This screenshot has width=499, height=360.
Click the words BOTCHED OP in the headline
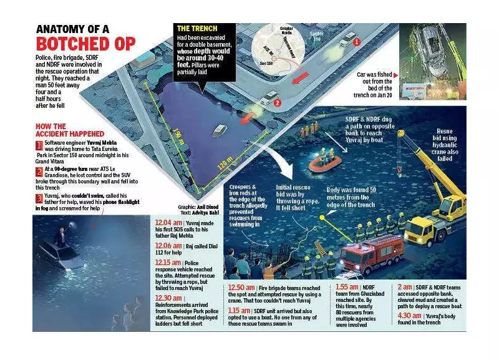85,44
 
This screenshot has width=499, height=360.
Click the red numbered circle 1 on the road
357,41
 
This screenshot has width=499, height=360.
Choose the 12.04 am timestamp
168,223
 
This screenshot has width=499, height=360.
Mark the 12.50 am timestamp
242,288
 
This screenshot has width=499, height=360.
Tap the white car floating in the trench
220,131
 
